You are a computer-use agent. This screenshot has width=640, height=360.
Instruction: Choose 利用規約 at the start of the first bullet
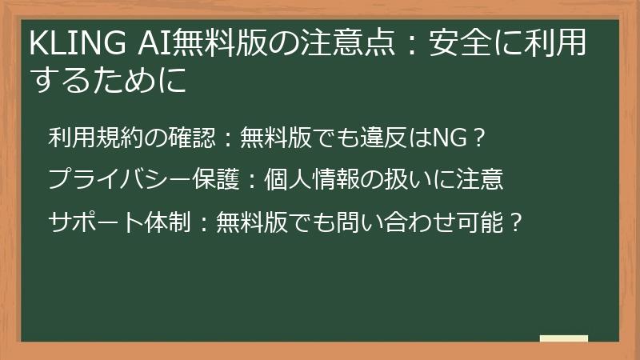96,138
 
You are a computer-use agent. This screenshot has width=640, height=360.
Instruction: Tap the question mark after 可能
516,221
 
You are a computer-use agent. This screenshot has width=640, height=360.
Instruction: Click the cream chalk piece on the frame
563,338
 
